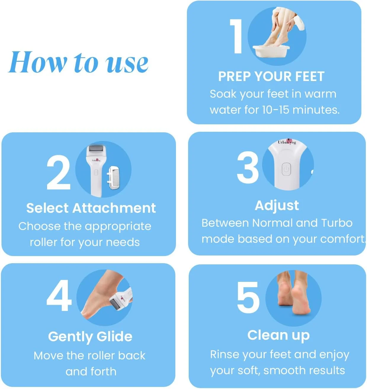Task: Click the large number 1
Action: pyautogui.click(x=236, y=36)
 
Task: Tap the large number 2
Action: pyautogui.click(x=58, y=172)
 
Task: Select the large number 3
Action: pyautogui.click(x=248, y=167)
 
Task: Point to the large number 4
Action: pyautogui.click(x=59, y=296)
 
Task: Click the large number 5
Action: pyautogui.click(x=248, y=297)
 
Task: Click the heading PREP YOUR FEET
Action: pyautogui.click(x=271, y=76)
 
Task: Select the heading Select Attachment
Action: pyautogui.click(x=91, y=208)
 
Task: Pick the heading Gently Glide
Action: pyautogui.click(x=90, y=337)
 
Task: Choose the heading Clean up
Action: pyautogui.click(x=278, y=336)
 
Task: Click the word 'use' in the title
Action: pyautogui.click(x=126, y=63)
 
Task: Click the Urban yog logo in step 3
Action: pyautogui.click(x=287, y=142)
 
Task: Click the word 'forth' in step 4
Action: pyautogui.click(x=104, y=371)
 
